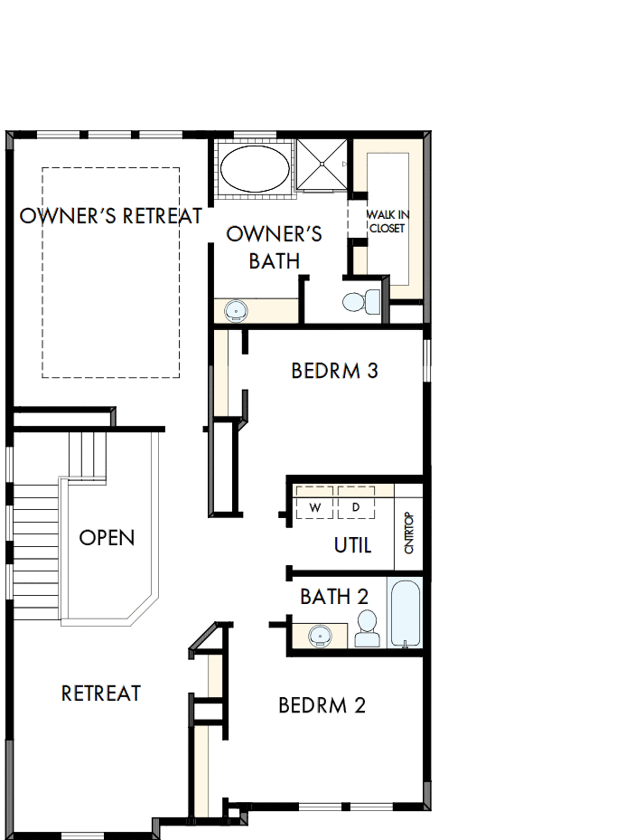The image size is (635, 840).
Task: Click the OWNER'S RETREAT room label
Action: tap(111, 216)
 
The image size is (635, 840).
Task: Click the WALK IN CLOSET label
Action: tap(386, 222)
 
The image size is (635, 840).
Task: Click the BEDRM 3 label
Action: tap(334, 371)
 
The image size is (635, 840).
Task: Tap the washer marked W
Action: tap(314, 507)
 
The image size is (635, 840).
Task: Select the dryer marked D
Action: tap(356, 507)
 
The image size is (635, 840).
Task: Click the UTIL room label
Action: tap(352, 545)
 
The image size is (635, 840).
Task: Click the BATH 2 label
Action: tap(334, 597)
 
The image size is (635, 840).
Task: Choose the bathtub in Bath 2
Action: tap(405, 614)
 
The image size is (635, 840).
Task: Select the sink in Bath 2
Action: tap(320, 636)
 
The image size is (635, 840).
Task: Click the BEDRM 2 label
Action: tap(322, 705)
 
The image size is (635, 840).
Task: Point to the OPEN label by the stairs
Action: tap(107, 538)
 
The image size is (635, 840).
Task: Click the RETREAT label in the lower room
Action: tap(101, 694)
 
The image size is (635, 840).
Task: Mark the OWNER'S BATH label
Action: tap(274, 248)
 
